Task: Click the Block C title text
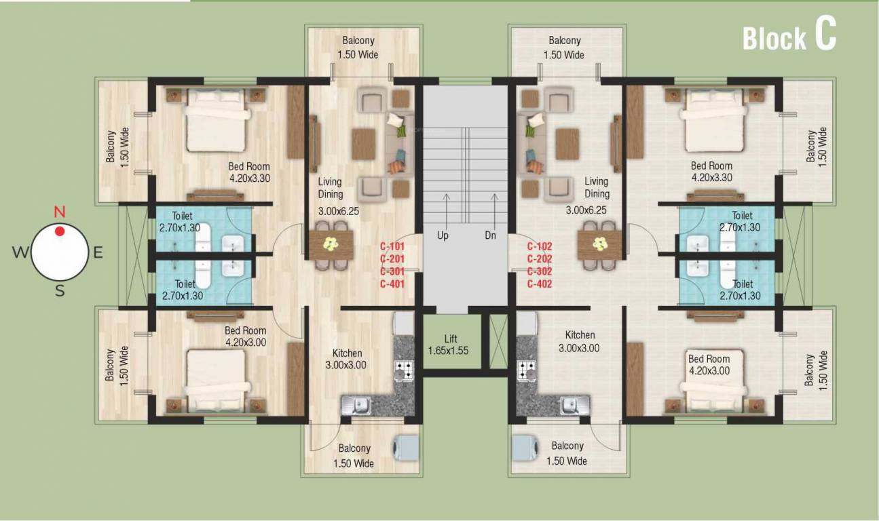tap(789, 37)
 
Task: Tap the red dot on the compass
tap(60, 231)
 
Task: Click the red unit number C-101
tap(392, 247)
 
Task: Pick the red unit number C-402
tap(540, 284)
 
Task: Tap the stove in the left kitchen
tap(405, 370)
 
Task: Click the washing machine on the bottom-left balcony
tap(406, 448)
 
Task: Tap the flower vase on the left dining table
tap(331, 244)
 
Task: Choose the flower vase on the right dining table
tap(599, 244)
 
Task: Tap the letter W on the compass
tap(20, 253)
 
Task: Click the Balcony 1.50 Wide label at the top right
tap(565, 47)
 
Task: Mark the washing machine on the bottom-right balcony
tap(525, 448)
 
